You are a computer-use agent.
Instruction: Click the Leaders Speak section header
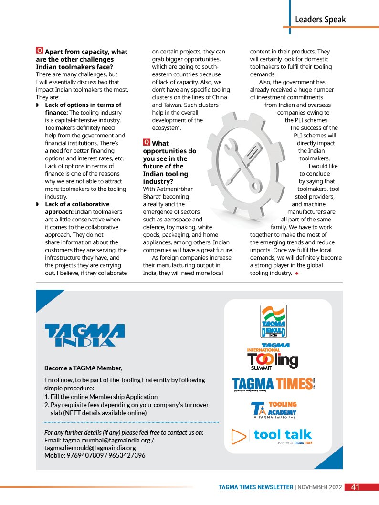[x=320, y=20]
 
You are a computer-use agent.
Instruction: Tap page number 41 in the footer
[x=355, y=487]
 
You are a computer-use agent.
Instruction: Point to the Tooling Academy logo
[x=274, y=410]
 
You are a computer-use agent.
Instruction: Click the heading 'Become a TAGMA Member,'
[x=84, y=368]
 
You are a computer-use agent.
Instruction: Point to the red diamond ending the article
[x=297, y=274]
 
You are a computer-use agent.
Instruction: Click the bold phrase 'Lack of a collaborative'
[x=77, y=204]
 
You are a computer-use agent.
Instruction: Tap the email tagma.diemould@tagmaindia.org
[x=90, y=448]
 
